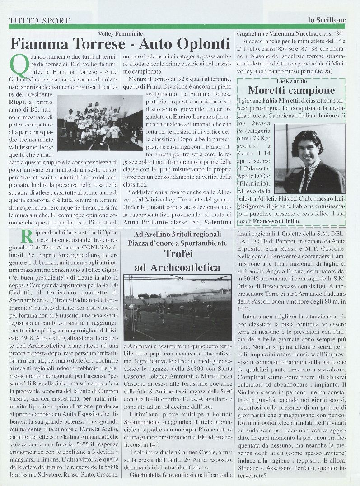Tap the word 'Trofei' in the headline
click(178, 253)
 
